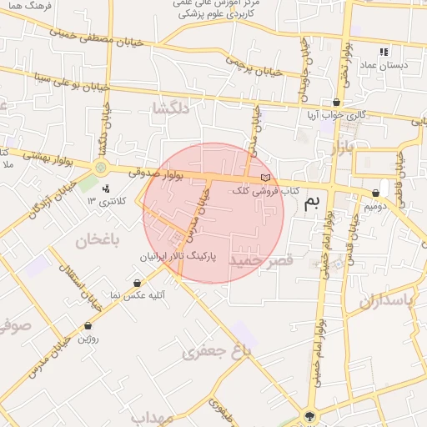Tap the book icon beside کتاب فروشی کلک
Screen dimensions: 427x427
pyautogui.click(x=266, y=178)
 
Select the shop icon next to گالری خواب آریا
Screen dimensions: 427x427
pyautogui.click(x=335, y=103)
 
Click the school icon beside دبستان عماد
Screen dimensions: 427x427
pyautogui.click(x=384, y=52)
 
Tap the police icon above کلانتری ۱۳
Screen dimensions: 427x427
pyautogui.click(x=105, y=188)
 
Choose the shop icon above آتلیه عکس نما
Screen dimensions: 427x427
pyautogui.click(x=137, y=284)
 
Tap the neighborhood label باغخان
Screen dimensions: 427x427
pyautogui.click(x=98, y=240)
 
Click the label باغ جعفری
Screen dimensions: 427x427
pyautogui.click(x=216, y=353)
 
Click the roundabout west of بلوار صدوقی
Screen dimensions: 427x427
pyautogui.click(x=101, y=168)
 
